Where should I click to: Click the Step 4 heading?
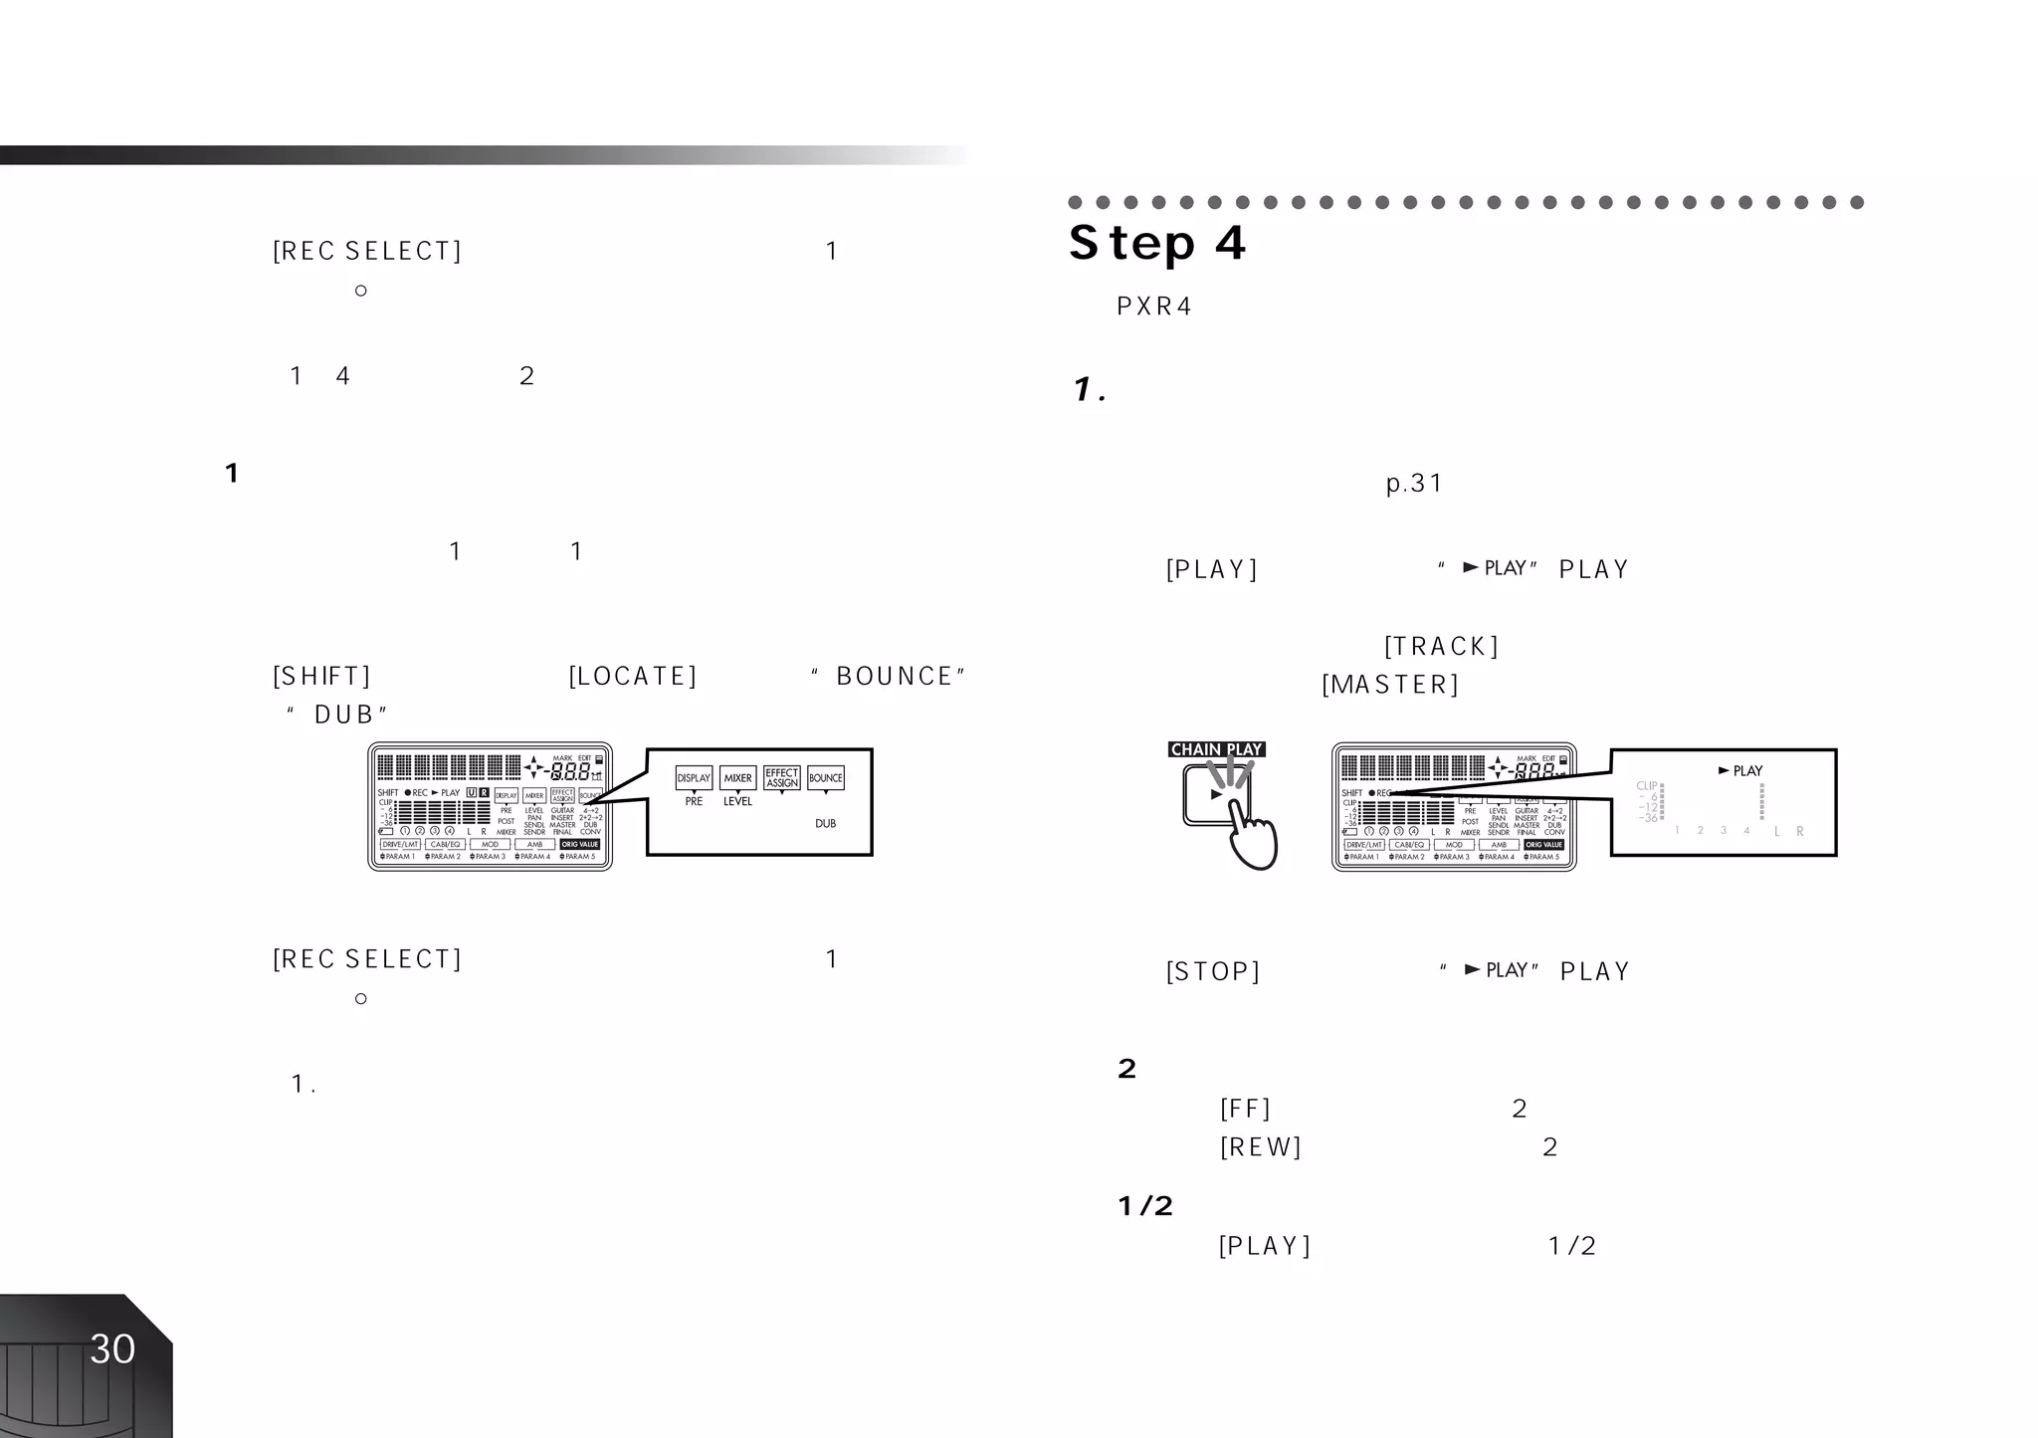coord(1157,244)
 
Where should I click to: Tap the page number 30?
coord(112,1349)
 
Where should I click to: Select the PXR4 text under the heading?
coord(1154,307)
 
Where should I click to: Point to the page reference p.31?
coord(1414,484)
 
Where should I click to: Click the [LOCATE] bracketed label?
coord(633,677)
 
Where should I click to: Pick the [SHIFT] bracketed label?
coord(321,677)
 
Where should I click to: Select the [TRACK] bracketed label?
coord(1441,647)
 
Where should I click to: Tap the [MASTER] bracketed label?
coord(1390,685)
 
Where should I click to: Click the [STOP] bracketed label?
coord(1213,971)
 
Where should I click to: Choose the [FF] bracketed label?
coord(1245,1109)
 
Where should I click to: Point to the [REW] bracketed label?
coord(1261,1147)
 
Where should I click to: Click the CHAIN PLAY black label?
coord(1216,749)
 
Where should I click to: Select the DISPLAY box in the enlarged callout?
coord(694,778)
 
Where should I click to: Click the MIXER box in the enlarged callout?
coord(737,778)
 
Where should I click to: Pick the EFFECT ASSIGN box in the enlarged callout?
coord(782,778)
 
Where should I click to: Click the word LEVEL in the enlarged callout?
coord(737,802)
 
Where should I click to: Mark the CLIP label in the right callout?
coord(1647,786)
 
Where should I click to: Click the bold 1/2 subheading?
coord(1145,1207)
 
